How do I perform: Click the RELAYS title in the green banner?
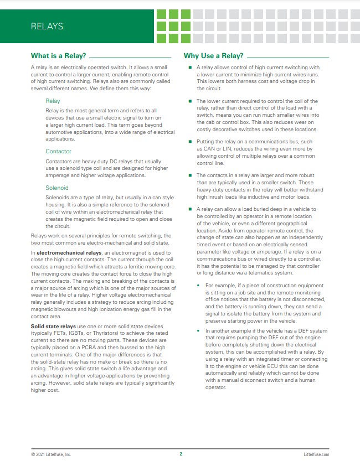click(x=47, y=26)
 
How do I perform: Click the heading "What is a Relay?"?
click(x=58, y=56)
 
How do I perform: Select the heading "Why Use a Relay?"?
click(x=214, y=56)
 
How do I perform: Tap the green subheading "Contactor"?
click(x=58, y=151)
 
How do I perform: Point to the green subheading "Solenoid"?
click(x=57, y=188)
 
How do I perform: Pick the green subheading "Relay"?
click(x=53, y=101)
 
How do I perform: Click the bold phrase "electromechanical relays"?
click(x=66, y=253)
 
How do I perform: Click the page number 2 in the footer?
click(x=181, y=454)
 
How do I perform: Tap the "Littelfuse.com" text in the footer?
click(x=317, y=454)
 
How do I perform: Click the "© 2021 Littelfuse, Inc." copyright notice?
click(x=51, y=454)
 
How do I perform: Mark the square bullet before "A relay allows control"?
click(x=190, y=68)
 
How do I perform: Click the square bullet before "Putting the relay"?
click(x=190, y=142)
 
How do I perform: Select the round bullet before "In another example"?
click(x=200, y=331)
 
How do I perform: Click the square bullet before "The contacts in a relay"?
click(x=190, y=175)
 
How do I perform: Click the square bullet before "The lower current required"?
click(x=190, y=101)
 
